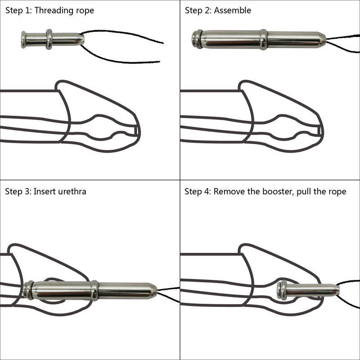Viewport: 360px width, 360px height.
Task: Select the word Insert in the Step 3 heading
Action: click(x=43, y=191)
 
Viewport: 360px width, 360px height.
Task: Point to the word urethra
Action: click(x=71, y=191)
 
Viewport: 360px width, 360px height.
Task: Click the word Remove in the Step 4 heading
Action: click(x=228, y=191)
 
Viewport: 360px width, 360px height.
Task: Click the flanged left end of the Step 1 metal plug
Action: click(x=24, y=39)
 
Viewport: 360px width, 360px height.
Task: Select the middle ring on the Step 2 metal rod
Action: click(x=263, y=39)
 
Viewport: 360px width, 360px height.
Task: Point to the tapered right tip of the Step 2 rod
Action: click(x=323, y=40)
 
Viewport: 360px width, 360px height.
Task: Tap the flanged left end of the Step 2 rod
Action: click(x=197, y=39)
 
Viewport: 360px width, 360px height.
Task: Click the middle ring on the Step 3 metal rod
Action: click(x=94, y=290)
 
